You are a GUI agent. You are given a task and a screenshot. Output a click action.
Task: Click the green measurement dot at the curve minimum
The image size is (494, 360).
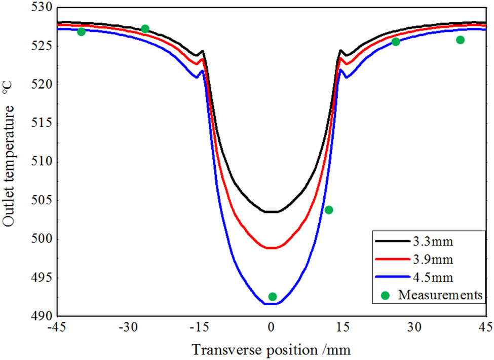[x=273, y=297]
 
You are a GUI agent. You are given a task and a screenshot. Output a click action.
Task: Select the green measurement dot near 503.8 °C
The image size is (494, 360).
[x=329, y=210]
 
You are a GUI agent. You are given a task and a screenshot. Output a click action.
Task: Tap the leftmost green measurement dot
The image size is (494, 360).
[x=81, y=32]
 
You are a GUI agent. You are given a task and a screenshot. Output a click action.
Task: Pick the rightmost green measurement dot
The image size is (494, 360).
[x=460, y=40]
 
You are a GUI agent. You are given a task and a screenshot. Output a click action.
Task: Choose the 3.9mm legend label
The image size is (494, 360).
[x=429, y=260]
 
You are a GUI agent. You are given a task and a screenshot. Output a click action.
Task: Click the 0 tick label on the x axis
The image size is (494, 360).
[x=272, y=329]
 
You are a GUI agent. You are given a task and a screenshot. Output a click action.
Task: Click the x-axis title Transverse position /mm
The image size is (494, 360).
[x=271, y=350]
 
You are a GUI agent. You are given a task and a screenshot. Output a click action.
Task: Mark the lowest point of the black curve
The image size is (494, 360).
[x=272, y=212]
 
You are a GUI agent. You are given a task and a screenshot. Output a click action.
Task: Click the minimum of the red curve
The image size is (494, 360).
[x=272, y=248]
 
